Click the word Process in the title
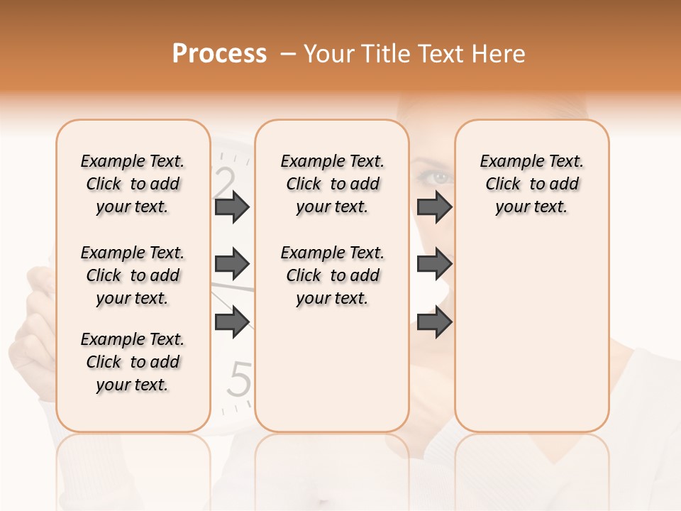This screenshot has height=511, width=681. (219, 53)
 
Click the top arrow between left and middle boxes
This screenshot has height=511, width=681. (232, 207)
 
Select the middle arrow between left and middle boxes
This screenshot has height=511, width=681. (232, 265)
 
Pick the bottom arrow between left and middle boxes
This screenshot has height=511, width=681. (232, 322)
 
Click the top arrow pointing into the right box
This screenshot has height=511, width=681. (434, 207)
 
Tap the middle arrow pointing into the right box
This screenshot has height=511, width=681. (434, 265)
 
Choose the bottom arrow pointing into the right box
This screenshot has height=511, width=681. (434, 322)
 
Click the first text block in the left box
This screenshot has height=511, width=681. (133, 184)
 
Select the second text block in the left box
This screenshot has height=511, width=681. (133, 275)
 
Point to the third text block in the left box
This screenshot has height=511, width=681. (133, 362)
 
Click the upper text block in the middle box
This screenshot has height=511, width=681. (332, 184)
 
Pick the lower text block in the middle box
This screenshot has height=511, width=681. (332, 275)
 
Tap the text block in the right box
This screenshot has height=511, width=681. (531, 184)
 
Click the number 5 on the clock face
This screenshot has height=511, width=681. (242, 380)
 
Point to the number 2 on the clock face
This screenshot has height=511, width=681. (225, 182)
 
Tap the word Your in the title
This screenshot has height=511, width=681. (328, 53)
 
